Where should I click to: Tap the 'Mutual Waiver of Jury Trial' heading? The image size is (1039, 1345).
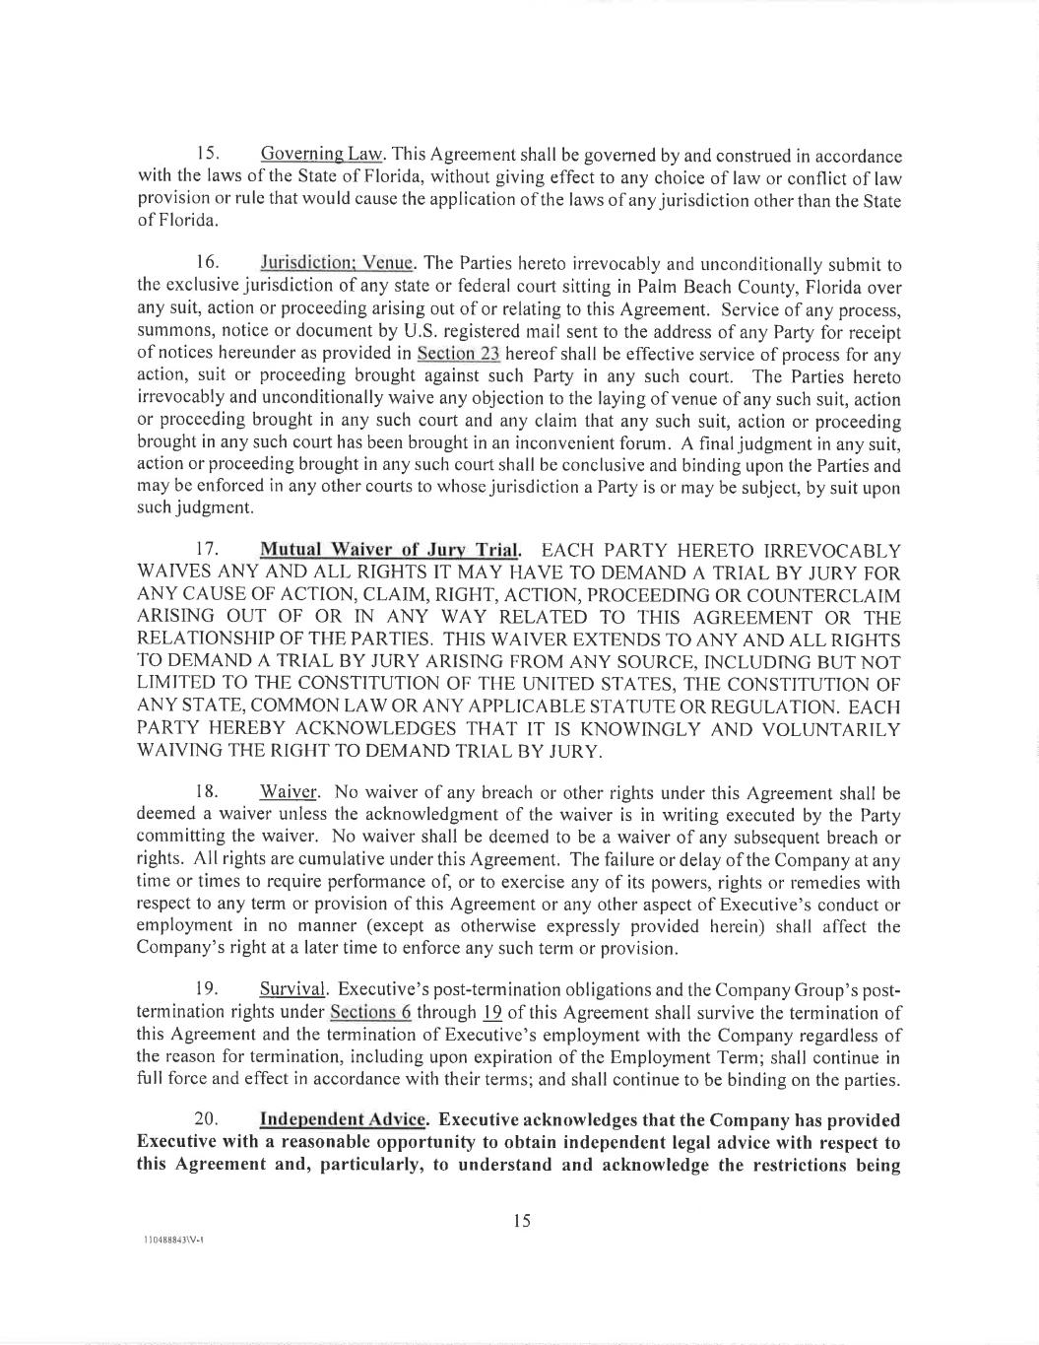click(389, 550)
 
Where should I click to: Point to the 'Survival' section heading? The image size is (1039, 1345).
click(292, 989)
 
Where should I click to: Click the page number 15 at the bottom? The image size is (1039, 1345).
click(522, 1222)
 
